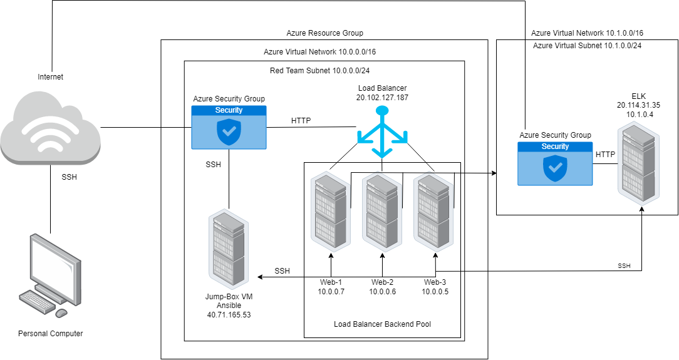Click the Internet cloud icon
click(x=50, y=128)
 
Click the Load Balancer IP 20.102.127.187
click(x=381, y=98)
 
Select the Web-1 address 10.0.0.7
click(x=331, y=291)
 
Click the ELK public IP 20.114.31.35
click(x=638, y=105)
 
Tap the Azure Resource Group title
click(x=324, y=33)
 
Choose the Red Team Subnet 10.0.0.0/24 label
click(x=324, y=71)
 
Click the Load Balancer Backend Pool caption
click(x=382, y=324)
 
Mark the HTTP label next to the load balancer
click(x=301, y=120)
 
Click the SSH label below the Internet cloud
click(x=68, y=177)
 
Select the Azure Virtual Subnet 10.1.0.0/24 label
click(x=587, y=46)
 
